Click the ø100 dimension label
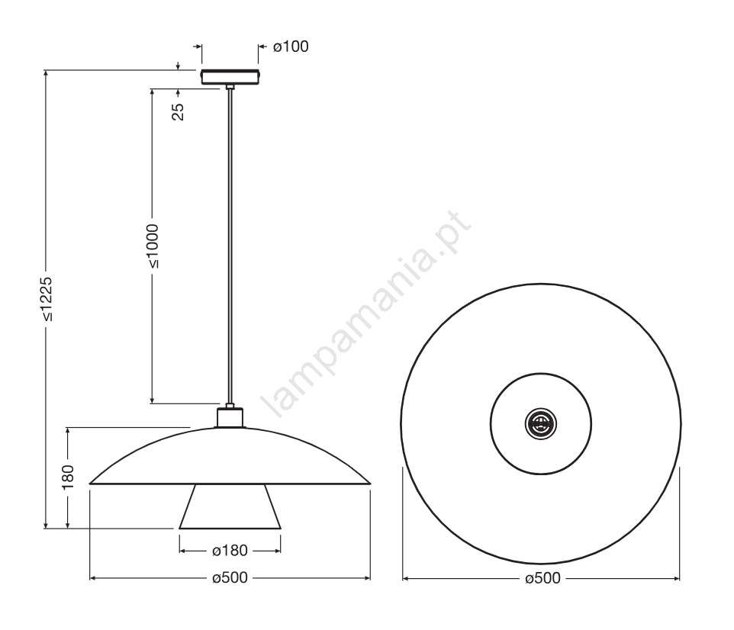[291, 47]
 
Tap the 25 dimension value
[179, 112]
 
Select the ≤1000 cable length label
[153, 246]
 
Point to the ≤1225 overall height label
[46, 300]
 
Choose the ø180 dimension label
[230, 551]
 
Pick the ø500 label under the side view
[230, 578]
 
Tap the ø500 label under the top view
[542, 578]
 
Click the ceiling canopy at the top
[230, 77]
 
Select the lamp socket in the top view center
[541, 423]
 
